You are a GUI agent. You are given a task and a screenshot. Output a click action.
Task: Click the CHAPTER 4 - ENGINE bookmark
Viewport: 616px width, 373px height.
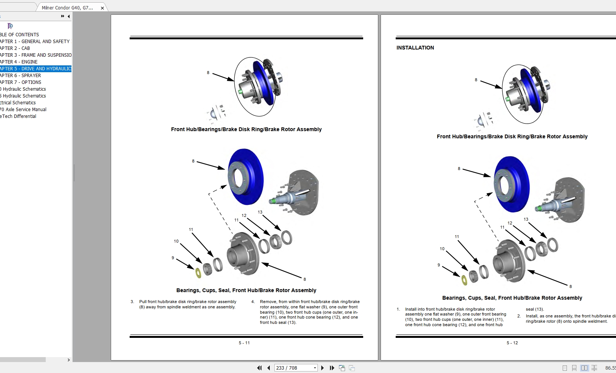pos(19,62)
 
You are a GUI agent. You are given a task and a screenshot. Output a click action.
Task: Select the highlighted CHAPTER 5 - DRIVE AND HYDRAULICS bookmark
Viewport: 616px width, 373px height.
pos(36,68)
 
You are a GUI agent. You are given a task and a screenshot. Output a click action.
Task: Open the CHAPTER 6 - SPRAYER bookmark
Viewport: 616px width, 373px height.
pos(21,75)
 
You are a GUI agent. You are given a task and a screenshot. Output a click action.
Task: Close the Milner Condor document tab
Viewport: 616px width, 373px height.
pos(102,8)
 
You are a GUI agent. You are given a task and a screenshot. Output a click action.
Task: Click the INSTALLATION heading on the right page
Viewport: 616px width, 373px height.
pos(415,48)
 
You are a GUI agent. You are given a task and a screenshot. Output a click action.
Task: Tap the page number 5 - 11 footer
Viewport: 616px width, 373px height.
pos(244,343)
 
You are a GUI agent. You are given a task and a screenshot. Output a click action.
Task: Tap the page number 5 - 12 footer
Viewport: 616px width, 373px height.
pos(512,343)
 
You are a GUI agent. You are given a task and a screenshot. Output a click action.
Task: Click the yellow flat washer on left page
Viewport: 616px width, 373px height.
pos(198,273)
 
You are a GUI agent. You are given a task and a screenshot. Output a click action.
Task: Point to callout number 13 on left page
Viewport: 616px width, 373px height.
pos(260,212)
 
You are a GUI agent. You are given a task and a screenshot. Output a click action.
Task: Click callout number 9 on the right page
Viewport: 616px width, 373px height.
pos(439,265)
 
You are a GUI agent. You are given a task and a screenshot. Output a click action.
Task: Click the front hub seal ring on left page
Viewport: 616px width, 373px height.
pos(287,237)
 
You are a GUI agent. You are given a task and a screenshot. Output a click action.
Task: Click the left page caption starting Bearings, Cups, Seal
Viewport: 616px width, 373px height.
pos(246,290)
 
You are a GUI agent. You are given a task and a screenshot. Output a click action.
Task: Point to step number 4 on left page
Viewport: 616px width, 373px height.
pos(253,302)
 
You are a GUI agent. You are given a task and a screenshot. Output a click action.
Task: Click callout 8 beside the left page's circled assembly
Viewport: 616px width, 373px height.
pos(208,73)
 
